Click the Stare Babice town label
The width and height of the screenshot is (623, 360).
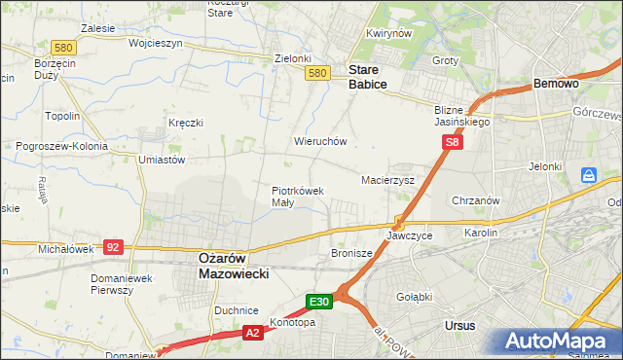[x=368, y=77]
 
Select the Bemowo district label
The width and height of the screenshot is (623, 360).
[x=557, y=84]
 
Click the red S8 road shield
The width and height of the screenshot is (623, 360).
[x=452, y=142]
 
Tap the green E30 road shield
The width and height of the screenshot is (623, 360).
[x=321, y=302]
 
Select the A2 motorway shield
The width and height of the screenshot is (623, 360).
[x=251, y=333]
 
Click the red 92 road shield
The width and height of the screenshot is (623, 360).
[x=113, y=247]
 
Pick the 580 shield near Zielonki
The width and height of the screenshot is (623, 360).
[x=315, y=73]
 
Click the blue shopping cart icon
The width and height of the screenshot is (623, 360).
[x=588, y=175]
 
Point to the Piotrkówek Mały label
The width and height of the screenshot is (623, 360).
[x=297, y=197]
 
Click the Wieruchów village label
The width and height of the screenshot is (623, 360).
[x=320, y=141]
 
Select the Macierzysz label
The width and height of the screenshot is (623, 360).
[x=387, y=181]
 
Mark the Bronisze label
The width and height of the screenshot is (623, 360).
[x=351, y=252]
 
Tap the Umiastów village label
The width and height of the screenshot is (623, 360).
[x=162, y=159]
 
